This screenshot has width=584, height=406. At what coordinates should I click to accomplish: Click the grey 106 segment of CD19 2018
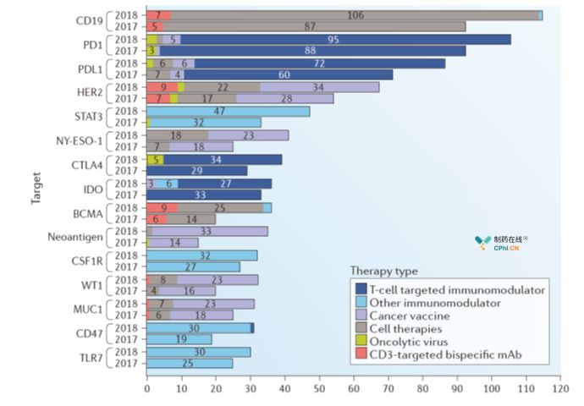pyautogui.click(x=355, y=15)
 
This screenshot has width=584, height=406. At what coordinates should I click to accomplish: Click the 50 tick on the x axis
pyautogui.click(x=319, y=392)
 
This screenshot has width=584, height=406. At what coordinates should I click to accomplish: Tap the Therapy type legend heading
pyautogui.click(x=383, y=271)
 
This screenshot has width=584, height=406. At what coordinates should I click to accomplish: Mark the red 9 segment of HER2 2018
pyautogui.click(x=163, y=87)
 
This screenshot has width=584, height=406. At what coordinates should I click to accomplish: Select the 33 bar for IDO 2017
pyautogui.click(x=204, y=195)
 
